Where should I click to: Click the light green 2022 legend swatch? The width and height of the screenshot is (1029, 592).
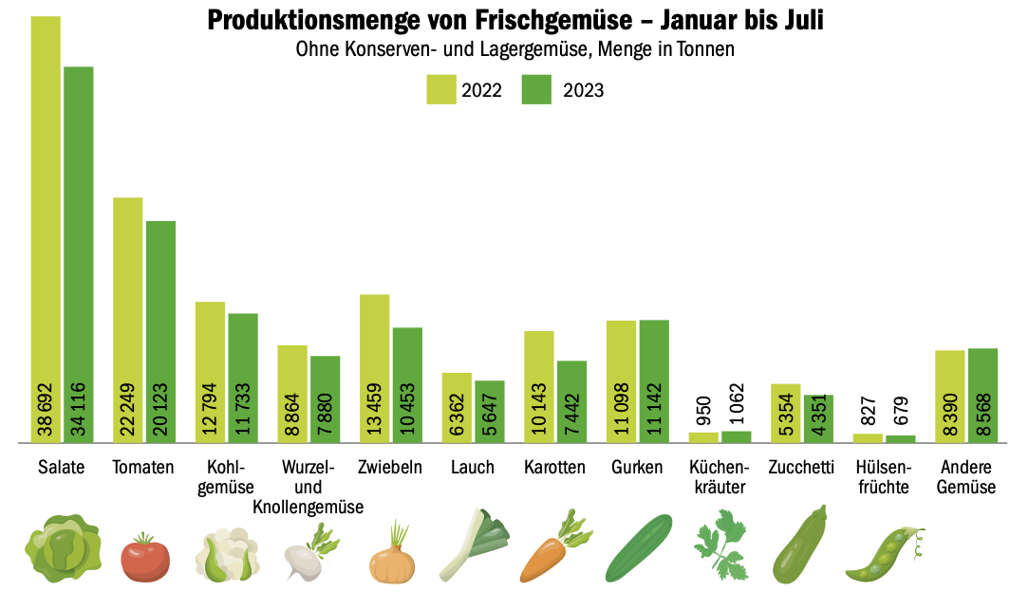click(x=440, y=89)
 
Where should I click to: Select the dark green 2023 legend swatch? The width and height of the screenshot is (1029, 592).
click(x=536, y=89)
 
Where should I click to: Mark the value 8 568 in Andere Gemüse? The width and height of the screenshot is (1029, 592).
click(x=983, y=416)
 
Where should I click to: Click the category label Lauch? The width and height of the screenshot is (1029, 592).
click(x=472, y=468)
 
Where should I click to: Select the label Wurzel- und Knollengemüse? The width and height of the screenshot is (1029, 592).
click(x=309, y=488)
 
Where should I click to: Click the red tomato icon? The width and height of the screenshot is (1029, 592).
click(x=145, y=557)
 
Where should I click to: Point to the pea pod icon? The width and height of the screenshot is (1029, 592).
click(x=884, y=556)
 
